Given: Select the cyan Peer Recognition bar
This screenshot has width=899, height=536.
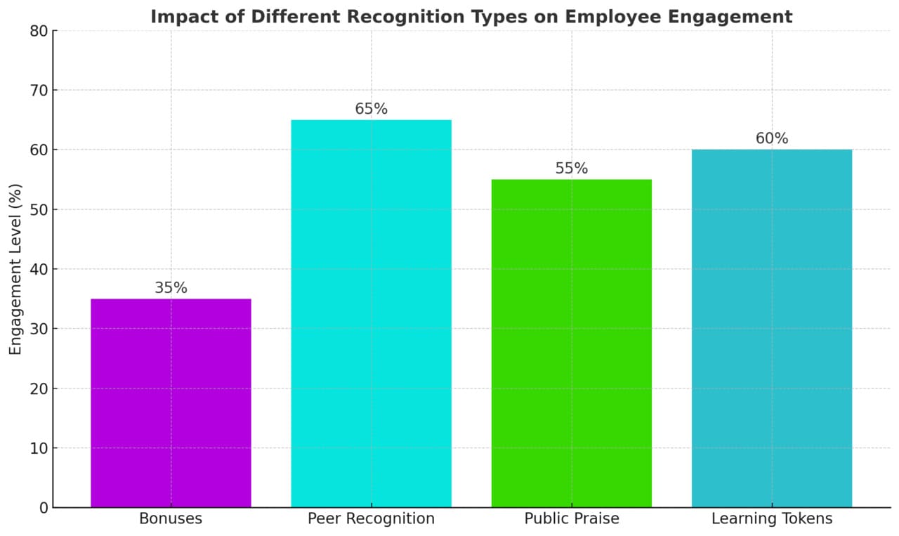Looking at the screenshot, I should [371, 313].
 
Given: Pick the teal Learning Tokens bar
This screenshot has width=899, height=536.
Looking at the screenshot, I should [771, 328].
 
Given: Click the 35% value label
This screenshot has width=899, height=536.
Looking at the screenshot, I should [171, 288].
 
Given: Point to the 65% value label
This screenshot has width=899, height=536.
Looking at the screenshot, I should [371, 109].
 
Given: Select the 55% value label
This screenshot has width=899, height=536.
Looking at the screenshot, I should [571, 169].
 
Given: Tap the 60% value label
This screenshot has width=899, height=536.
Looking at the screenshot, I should [771, 138].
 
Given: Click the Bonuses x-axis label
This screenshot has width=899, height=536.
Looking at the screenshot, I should [171, 519].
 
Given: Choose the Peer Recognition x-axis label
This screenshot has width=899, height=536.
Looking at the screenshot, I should [371, 519].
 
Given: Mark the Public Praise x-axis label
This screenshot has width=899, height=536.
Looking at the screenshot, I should [571, 519].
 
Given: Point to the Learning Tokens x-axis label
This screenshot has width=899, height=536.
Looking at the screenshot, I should [771, 519].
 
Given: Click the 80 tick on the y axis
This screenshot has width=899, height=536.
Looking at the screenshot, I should [39, 31].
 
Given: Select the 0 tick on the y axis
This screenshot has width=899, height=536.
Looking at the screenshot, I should [44, 508].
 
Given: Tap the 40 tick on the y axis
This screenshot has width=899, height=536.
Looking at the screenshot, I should [39, 269].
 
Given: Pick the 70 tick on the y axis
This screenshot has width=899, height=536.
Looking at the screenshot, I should [39, 91].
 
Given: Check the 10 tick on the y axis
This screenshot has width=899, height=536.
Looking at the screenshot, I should [39, 448].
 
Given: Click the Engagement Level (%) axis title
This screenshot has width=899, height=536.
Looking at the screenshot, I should [15, 269].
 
